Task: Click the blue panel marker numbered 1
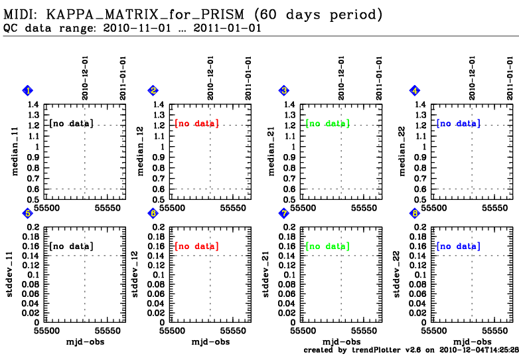point(28,90)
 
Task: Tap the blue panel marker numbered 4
point(415,90)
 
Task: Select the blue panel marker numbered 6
point(153,213)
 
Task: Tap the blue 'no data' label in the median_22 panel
point(459,124)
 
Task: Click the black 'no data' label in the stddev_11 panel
point(71,246)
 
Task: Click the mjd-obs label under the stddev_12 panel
point(210,341)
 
